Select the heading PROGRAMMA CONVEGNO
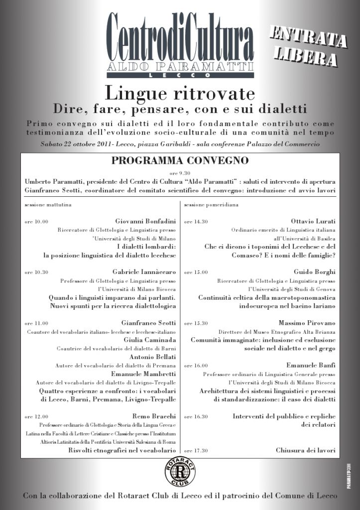[180, 161]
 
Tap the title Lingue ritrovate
[180, 93]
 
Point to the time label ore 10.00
[36, 222]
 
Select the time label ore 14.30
[196, 222]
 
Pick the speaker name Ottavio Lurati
[313, 221]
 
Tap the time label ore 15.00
[196, 272]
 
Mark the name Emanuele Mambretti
[146, 374]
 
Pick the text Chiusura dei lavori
[305, 450]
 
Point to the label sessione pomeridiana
[211, 204]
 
